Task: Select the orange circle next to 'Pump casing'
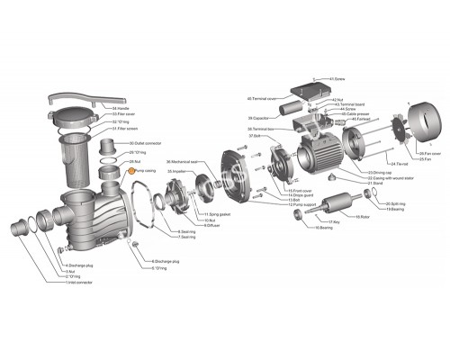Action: (x=130, y=168)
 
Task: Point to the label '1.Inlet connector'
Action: (x=80, y=283)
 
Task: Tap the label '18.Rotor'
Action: (x=364, y=217)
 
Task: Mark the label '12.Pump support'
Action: (x=303, y=204)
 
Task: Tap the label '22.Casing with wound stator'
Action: (x=385, y=178)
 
